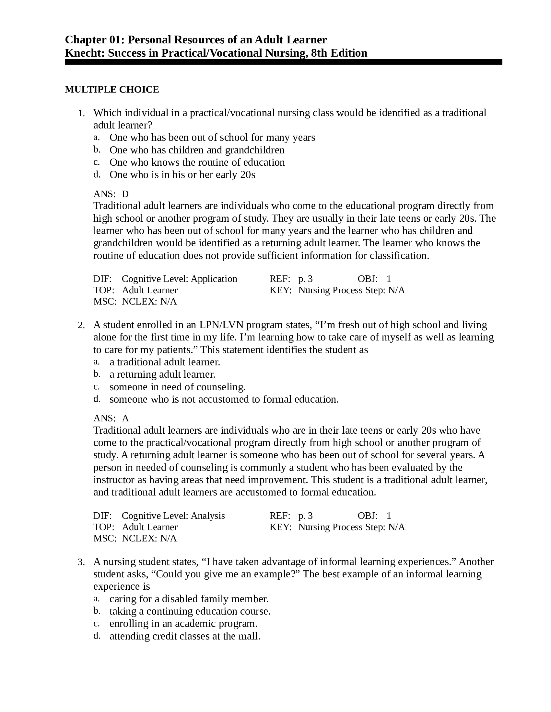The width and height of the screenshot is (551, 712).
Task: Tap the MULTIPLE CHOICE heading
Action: [x=112, y=89]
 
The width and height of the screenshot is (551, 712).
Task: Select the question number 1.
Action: [x=81, y=114]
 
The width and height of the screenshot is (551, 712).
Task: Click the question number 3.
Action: [x=81, y=562]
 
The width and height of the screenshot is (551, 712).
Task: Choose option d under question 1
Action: [x=97, y=174]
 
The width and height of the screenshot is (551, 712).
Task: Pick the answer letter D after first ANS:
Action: [x=125, y=194]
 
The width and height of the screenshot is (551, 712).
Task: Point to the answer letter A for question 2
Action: [x=125, y=418]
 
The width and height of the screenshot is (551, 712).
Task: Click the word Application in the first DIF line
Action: [x=214, y=279]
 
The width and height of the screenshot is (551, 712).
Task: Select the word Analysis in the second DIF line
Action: [x=208, y=516]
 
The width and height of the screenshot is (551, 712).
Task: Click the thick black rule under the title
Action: [x=283, y=62]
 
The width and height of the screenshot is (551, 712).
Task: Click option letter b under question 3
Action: [x=97, y=611]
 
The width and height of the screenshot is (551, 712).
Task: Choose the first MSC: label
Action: [x=105, y=302]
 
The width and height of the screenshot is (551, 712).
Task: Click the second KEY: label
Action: [x=280, y=527]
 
